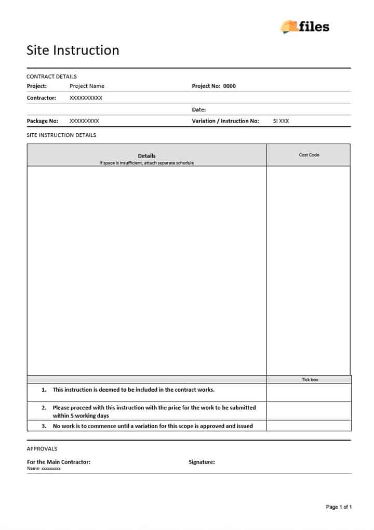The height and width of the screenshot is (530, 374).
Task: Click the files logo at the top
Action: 305,26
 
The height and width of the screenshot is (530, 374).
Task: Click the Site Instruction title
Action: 73,50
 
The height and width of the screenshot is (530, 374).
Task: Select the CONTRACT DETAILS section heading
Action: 51,76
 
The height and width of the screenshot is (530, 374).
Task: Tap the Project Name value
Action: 87,86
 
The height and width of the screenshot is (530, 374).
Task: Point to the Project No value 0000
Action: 229,86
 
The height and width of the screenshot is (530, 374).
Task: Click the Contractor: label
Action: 42,98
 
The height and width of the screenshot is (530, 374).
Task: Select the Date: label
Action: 199,110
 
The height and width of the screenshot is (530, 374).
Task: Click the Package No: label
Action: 43,121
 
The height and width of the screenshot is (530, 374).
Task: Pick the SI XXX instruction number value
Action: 281,121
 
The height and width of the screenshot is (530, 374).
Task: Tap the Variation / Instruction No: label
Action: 225,121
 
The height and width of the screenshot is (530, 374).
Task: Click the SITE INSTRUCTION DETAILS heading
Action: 61,135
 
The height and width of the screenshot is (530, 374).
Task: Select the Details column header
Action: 146,156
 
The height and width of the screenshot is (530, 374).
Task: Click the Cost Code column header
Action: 309,155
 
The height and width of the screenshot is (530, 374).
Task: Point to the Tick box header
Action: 310,380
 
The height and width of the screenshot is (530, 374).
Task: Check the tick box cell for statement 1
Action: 309,392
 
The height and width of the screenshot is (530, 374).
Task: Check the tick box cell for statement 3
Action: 309,426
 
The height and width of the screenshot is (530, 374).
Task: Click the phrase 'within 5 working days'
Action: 81,416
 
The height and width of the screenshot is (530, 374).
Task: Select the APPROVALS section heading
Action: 42,449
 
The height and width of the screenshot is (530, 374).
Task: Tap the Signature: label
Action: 202,462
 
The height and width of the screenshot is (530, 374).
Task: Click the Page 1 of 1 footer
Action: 339,507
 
